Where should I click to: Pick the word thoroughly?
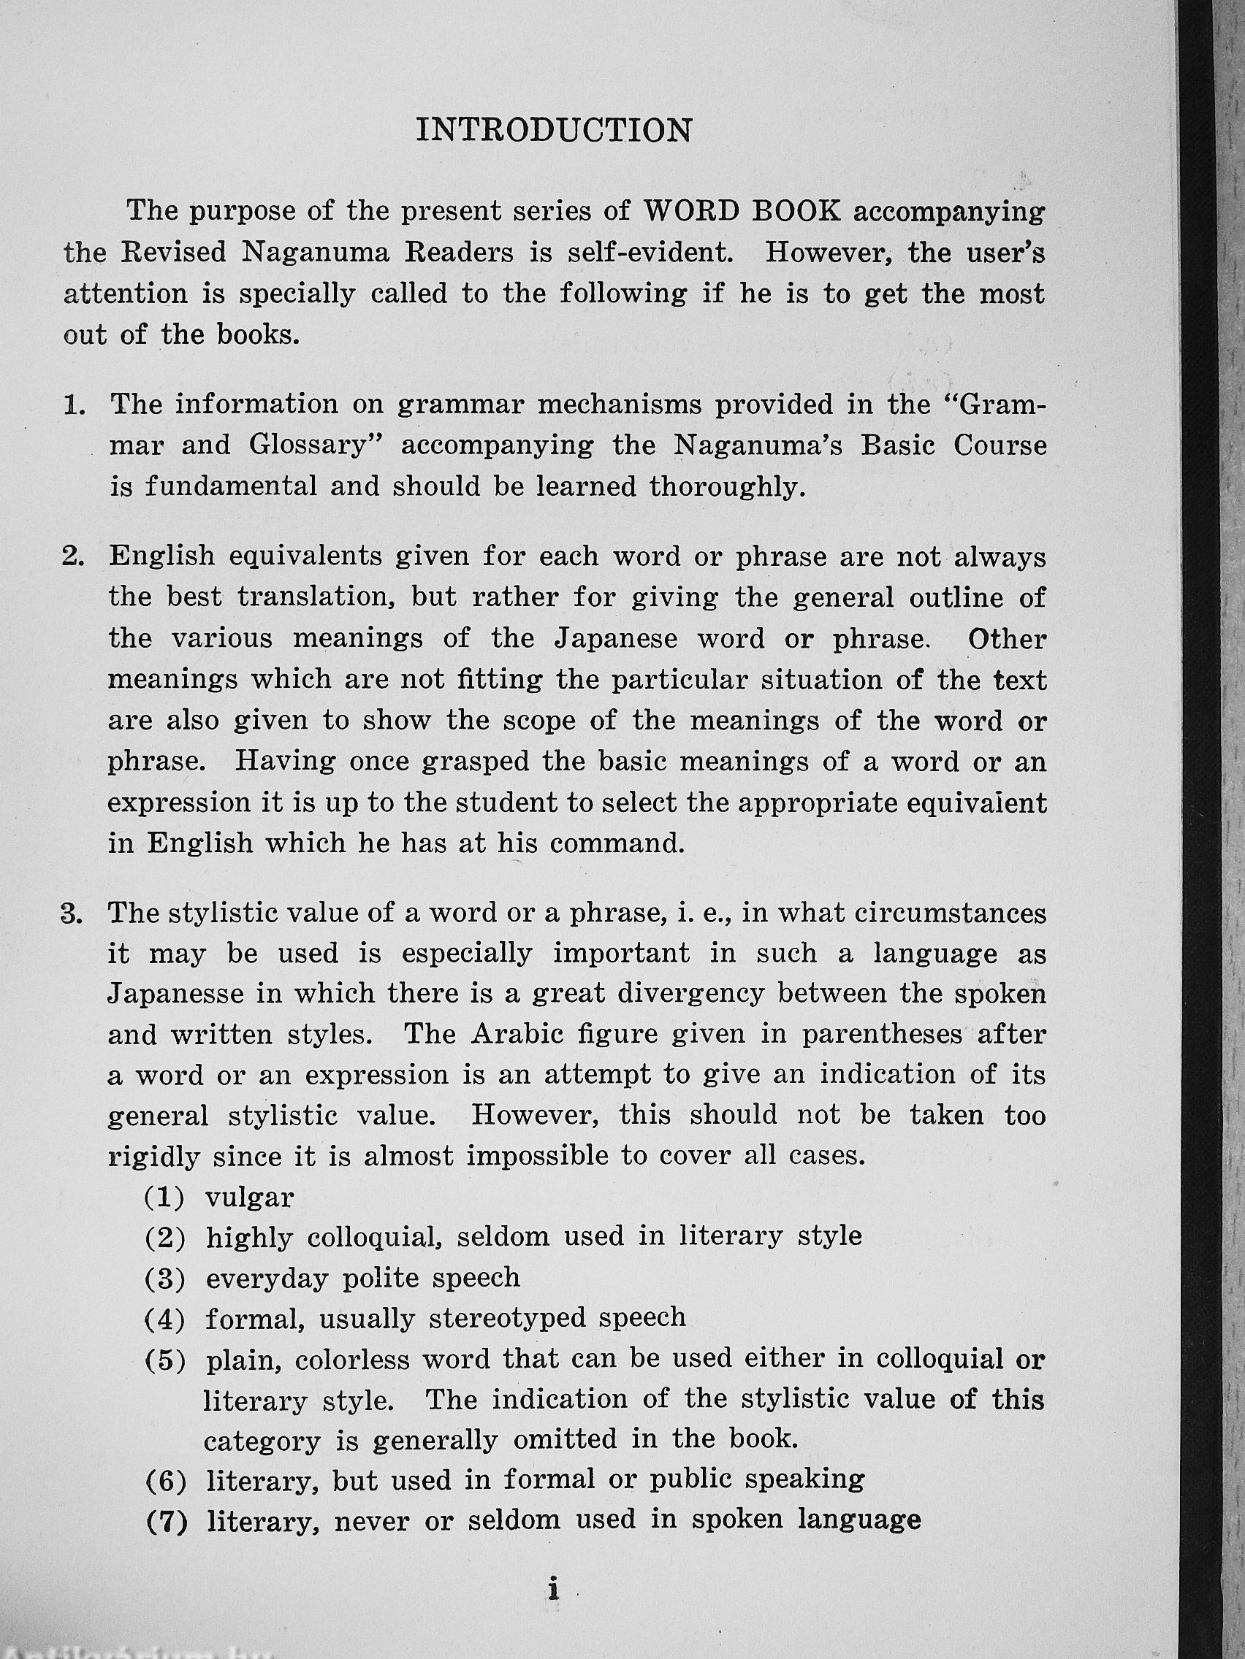coord(727,487)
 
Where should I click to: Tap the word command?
coord(617,844)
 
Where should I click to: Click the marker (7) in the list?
coord(164,1520)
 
